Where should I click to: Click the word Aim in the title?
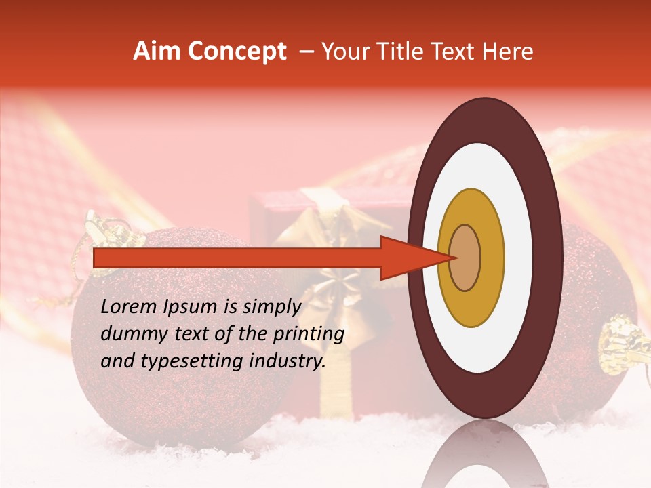[x=157, y=52]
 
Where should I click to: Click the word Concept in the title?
[x=235, y=52]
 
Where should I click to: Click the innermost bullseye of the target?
[x=465, y=258]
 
